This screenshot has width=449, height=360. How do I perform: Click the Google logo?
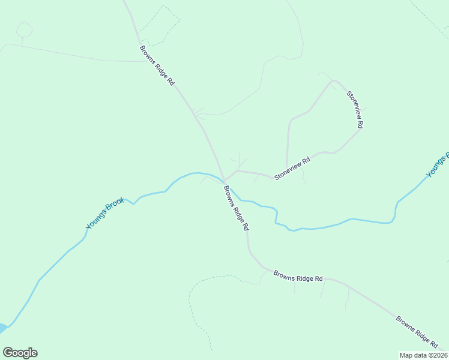click(x=20, y=353)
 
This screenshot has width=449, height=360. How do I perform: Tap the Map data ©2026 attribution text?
click(x=423, y=355)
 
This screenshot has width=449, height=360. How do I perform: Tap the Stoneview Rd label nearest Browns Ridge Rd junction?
click(x=292, y=169)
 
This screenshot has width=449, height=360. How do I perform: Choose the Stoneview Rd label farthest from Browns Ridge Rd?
click(x=355, y=109)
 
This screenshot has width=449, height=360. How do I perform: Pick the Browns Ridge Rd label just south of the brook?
click(x=236, y=208)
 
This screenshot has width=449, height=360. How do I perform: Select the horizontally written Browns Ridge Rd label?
click(x=298, y=276)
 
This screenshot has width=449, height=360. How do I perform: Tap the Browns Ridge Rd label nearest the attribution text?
click(x=417, y=331)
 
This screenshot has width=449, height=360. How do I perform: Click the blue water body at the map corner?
click(x=3, y=328)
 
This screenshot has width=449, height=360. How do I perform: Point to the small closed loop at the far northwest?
click(x=24, y=29)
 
